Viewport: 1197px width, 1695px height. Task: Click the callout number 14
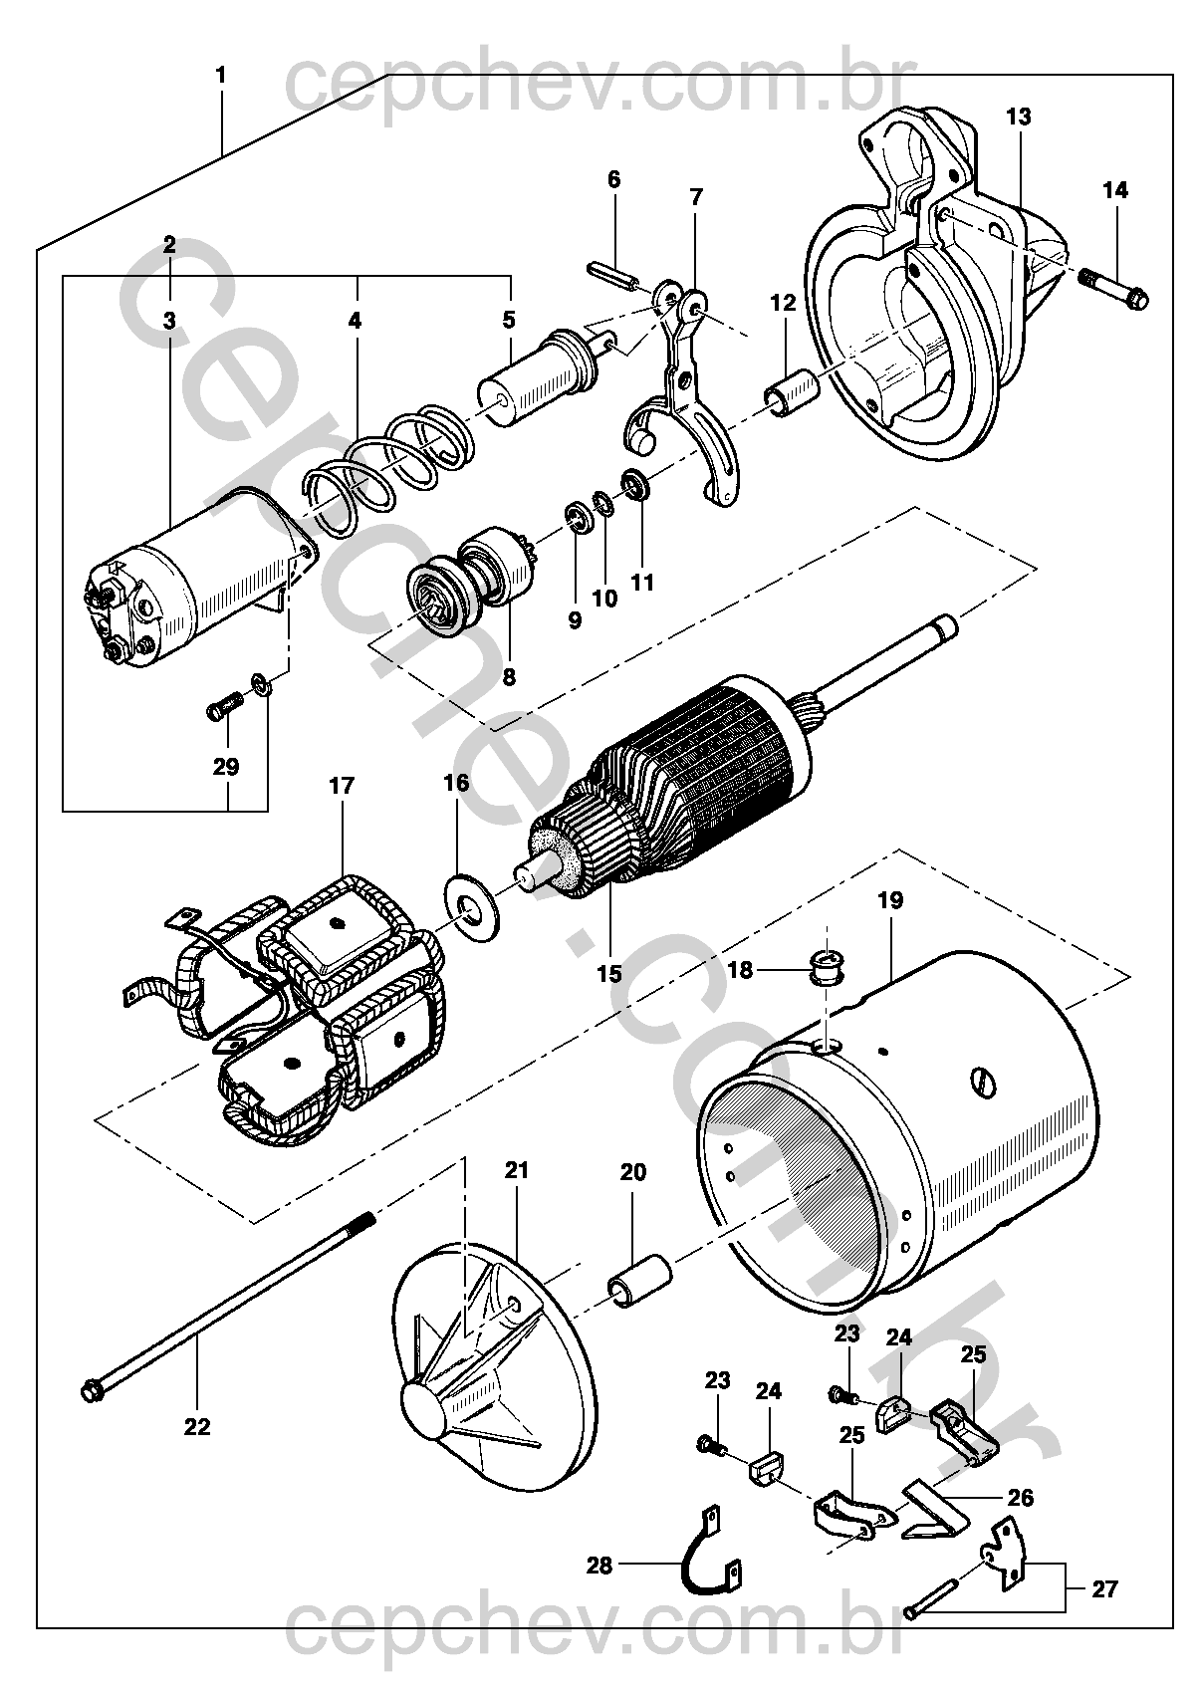point(1115,190)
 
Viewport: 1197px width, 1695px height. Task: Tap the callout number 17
point(341,787)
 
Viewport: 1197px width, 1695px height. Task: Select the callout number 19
point(890,901)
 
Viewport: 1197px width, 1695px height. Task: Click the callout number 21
point(516,1171)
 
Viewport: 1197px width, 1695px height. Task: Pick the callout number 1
point(220,76)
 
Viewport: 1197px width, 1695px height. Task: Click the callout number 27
point(1104,1589)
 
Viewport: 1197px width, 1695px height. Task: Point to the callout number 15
point(608,973)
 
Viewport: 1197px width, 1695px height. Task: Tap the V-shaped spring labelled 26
point(936,1514)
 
